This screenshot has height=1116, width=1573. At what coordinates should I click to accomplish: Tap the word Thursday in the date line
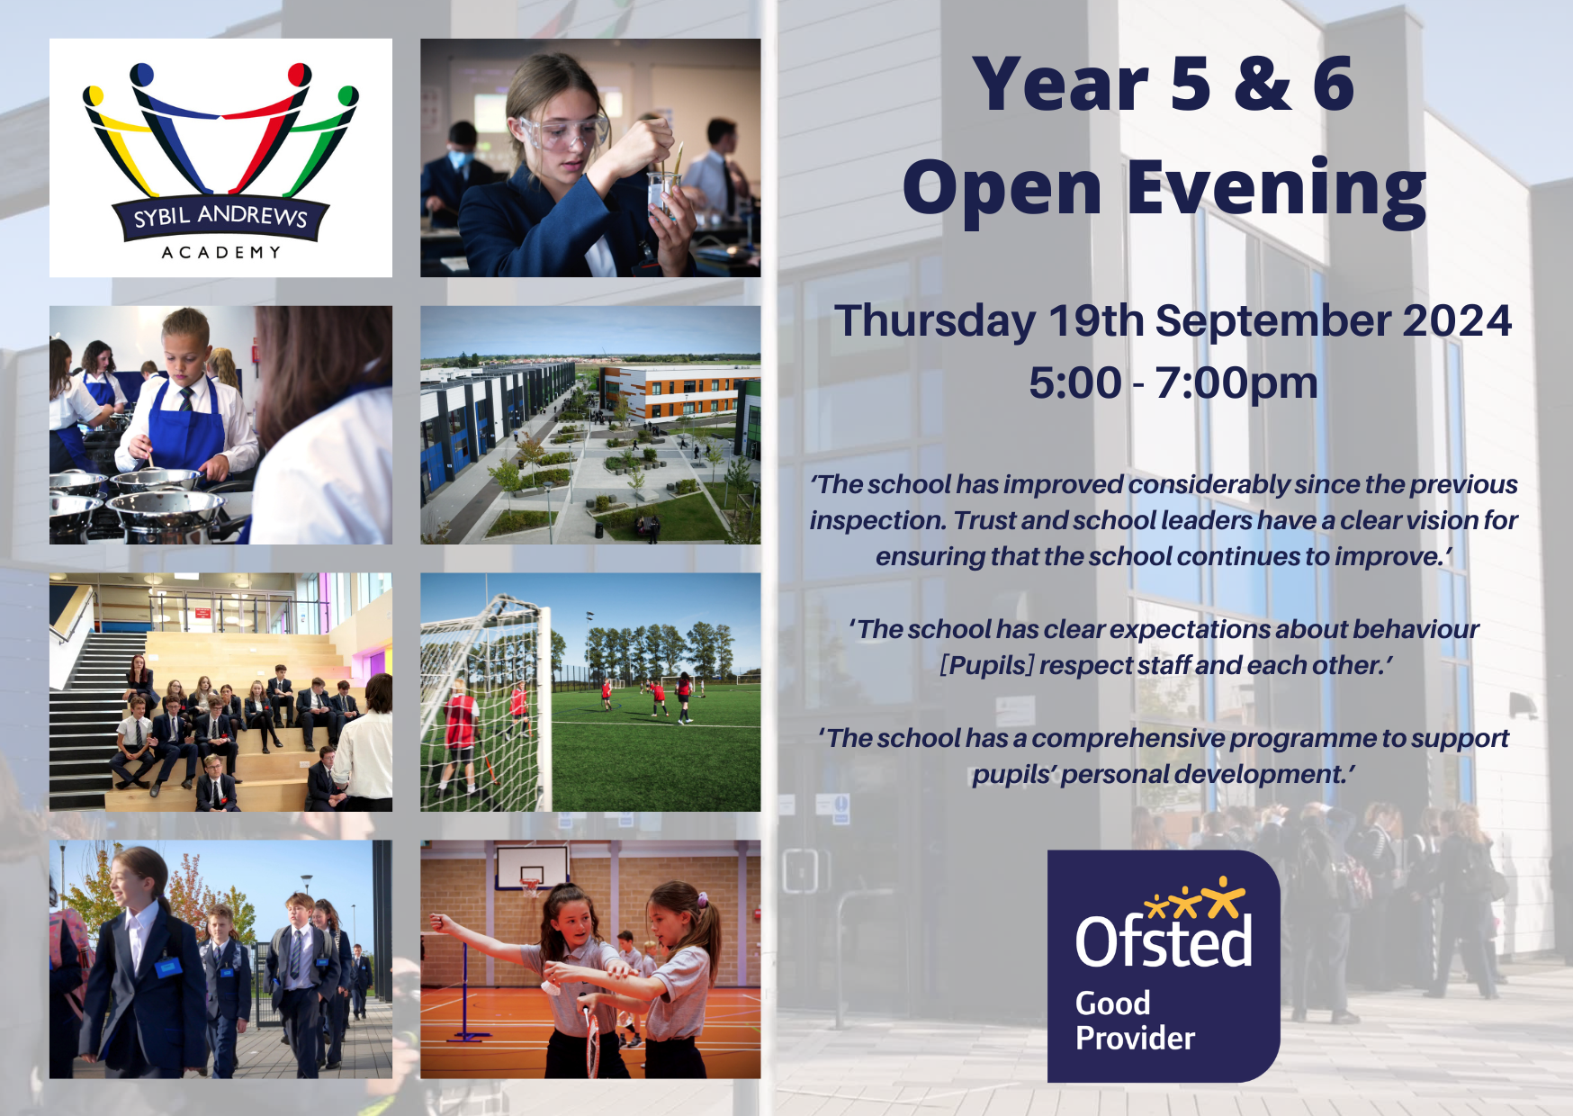pyautogui.click(x=934, y=321)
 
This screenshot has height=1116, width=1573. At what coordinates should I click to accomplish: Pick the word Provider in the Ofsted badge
pyautogui.click(x=1135, y=1039)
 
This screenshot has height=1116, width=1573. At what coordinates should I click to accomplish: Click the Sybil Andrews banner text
pyautogui.click(x=220, y=217)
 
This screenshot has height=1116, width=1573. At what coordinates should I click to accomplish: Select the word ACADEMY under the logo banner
pyautogui.click(x=220, y=253)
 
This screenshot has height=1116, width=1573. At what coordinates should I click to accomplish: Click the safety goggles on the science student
pyautogui.click(x=562, y=132)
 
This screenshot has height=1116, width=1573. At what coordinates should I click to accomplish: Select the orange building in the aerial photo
pyautogui.click(x=670, y=391)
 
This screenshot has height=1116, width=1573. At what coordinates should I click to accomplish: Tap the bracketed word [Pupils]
pyautogui.click(x=986, y=666)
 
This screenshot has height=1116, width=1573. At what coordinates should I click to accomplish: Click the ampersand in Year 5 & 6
pyautogui.click(x=1263, y=84)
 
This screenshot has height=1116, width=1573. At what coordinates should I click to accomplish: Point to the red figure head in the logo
pyautogui.click(x=300, y=74)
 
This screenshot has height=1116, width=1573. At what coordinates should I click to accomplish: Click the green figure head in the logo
pyautogui.click(x=348, y=96)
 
